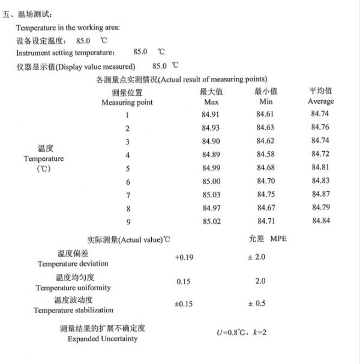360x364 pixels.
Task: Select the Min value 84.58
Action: click(265, 155)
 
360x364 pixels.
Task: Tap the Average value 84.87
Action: click(320, 194)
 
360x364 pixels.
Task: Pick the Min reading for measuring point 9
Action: click(265, 222)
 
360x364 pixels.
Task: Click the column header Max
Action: click(211, 102)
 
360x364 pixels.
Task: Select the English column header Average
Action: click(320, 101)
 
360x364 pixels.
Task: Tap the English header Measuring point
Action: click(127, 103)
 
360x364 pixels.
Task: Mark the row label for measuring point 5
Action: click(128, 169)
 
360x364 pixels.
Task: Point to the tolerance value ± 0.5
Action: click(257, 304)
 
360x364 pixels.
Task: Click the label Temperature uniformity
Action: click(73, 288)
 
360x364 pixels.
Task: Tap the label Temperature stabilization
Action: click(73, 311)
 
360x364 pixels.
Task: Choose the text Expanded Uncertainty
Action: click(103, 339)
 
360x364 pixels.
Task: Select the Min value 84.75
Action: click(265, 195)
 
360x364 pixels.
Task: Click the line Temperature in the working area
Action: click(68, 28)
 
